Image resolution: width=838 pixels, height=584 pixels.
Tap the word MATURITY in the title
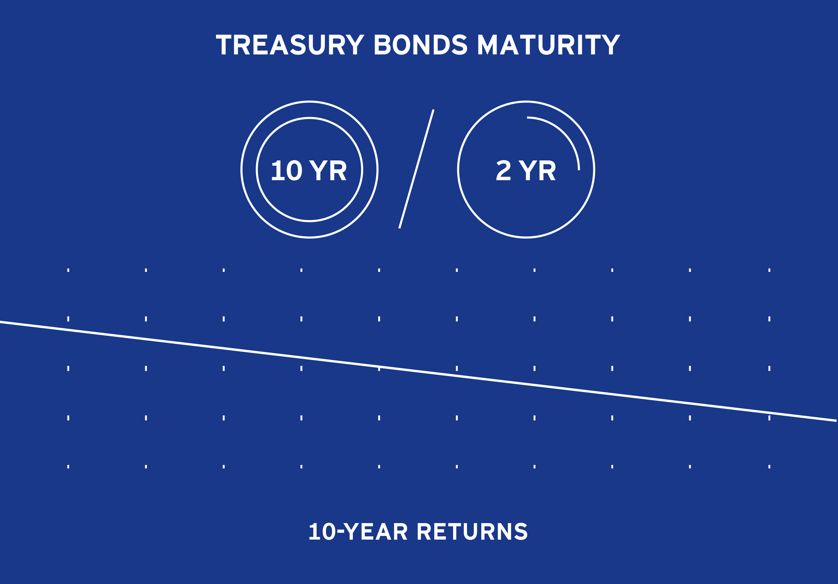549,45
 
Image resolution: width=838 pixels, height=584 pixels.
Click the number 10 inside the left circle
287,170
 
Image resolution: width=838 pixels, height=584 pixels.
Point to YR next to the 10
328,170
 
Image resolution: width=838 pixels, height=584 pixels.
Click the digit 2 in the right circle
503,170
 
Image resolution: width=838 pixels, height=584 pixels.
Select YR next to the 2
537,170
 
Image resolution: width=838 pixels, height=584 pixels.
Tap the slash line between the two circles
416,169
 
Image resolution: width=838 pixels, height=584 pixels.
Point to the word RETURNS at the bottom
472,531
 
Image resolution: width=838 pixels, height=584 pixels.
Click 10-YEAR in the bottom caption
358,531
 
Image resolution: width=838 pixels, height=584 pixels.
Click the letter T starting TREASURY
224,45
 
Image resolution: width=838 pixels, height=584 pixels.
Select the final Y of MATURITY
611,45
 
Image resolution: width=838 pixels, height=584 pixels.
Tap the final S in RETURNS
521,531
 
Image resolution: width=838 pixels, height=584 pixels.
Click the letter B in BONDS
382,45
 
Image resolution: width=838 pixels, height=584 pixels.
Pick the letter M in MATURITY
487,45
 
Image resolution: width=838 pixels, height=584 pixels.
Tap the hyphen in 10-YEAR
340,532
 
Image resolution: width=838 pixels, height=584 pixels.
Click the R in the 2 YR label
548,170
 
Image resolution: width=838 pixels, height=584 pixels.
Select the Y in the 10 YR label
318,170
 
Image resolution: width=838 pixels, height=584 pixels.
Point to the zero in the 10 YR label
294,170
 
